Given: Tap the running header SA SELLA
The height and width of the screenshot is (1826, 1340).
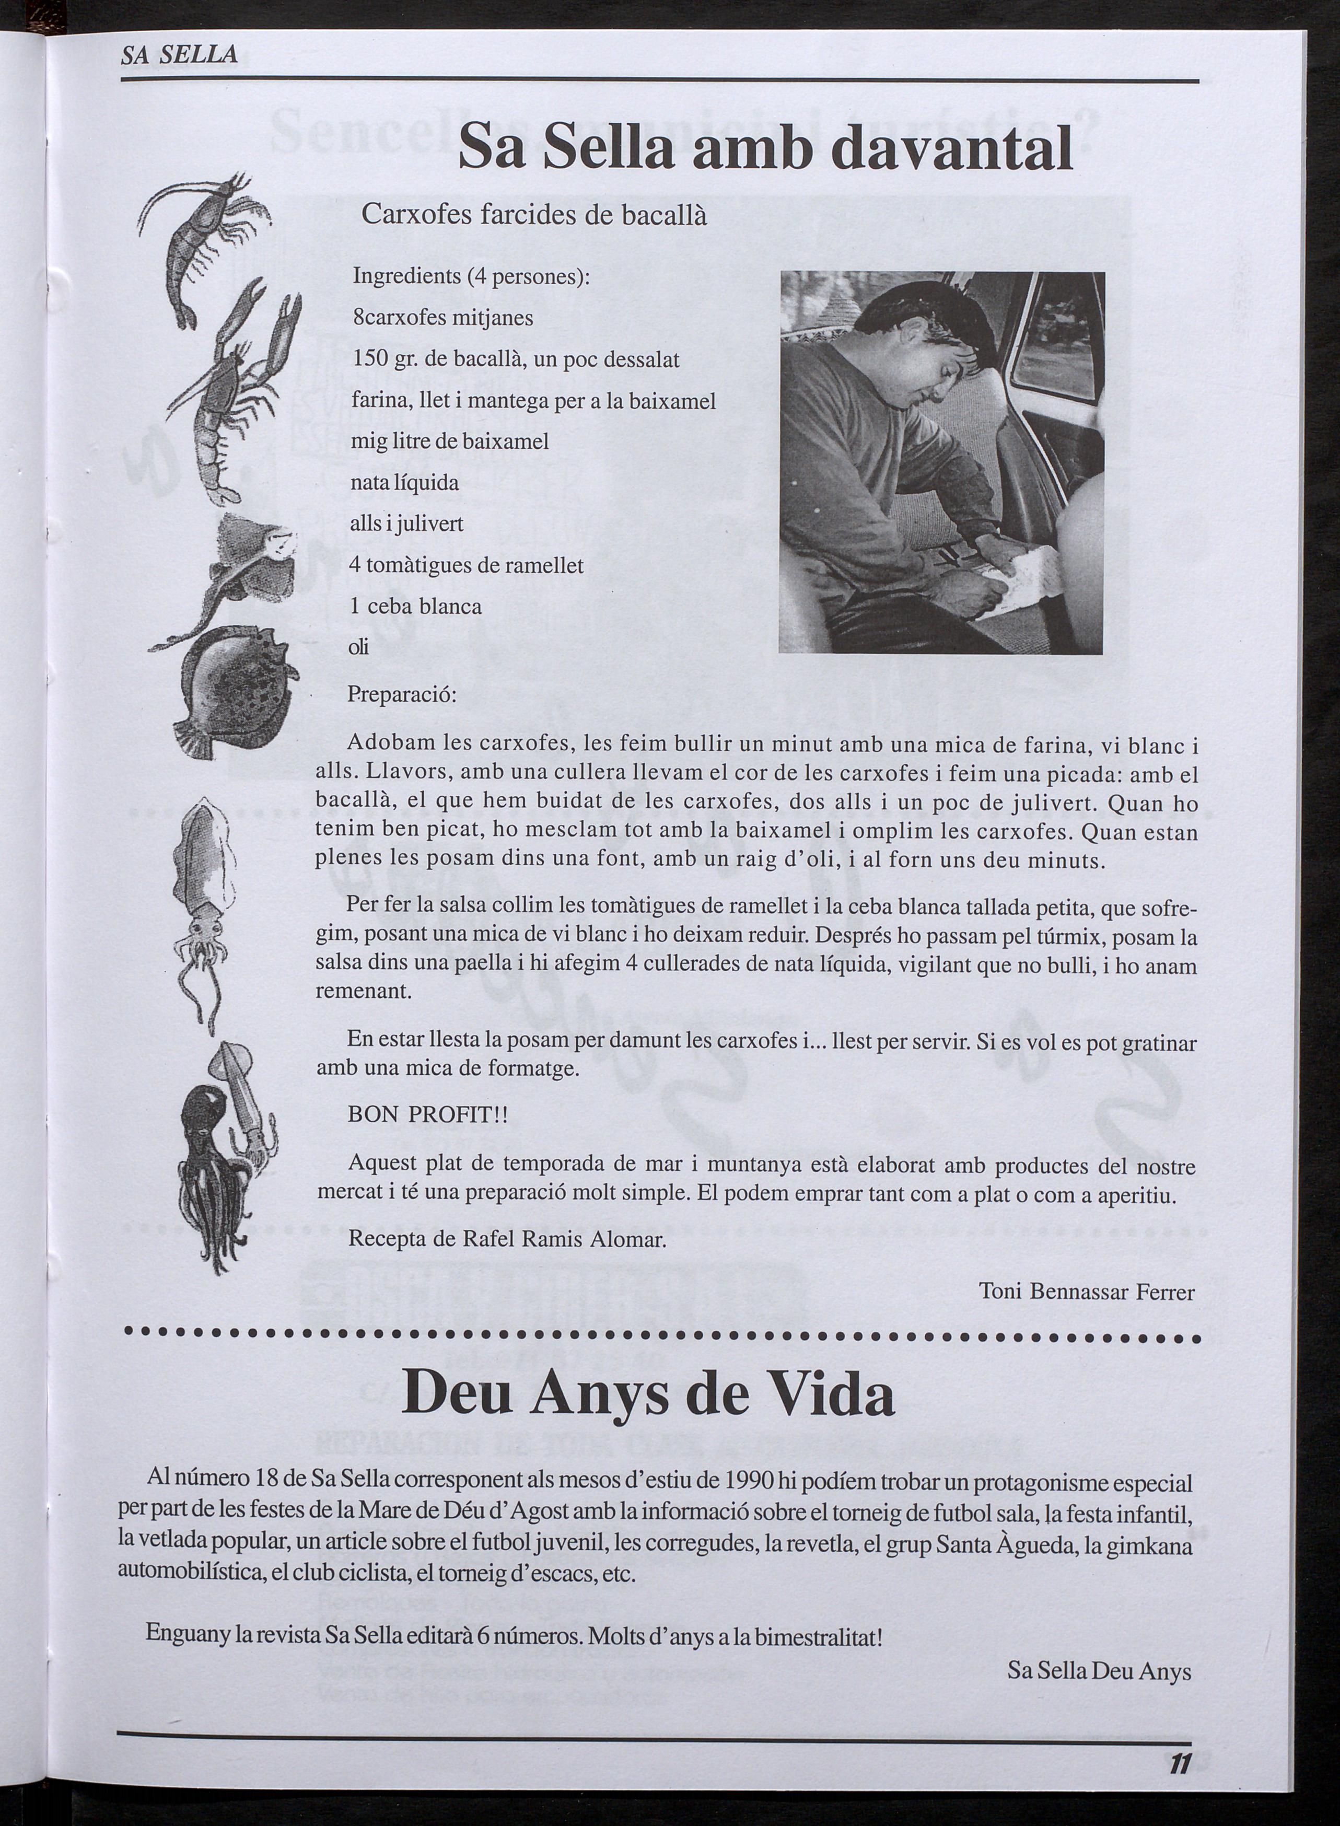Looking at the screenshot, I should click(179, 55).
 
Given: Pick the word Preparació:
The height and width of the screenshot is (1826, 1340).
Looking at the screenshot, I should click(402, 695).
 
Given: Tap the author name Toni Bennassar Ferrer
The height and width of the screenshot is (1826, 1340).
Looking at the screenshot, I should click(1087, 1290).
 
